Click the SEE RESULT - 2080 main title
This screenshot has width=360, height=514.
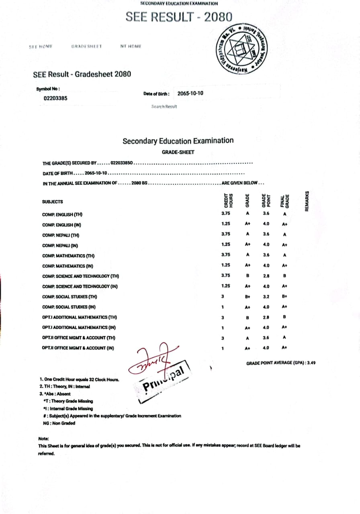[x=179, y=17]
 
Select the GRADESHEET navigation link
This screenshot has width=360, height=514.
[x=86, y=47]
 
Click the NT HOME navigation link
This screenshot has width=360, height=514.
[x=131, y=47]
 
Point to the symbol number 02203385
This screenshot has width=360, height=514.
[x=55, y=98]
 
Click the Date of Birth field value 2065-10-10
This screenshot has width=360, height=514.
[x=190, y=94]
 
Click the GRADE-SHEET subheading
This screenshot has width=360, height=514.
[x=178, y=152]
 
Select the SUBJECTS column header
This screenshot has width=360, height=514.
[x=53, y=202]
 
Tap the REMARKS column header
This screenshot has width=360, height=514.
[x=307, y=201]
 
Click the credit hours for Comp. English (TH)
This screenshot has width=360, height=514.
[x=225, y=214]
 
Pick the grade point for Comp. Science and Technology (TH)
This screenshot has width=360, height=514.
[x=266, y=276]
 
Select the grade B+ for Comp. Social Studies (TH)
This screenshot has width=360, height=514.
[x=247, y=297]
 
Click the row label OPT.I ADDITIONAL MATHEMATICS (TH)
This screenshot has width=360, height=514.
[x=80, y=317]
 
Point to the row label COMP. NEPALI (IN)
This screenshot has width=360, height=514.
[x=62, y=245]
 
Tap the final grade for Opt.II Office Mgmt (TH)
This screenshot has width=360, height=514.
[x=284, y=338]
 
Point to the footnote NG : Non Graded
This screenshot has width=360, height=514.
[x=59, y=423]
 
